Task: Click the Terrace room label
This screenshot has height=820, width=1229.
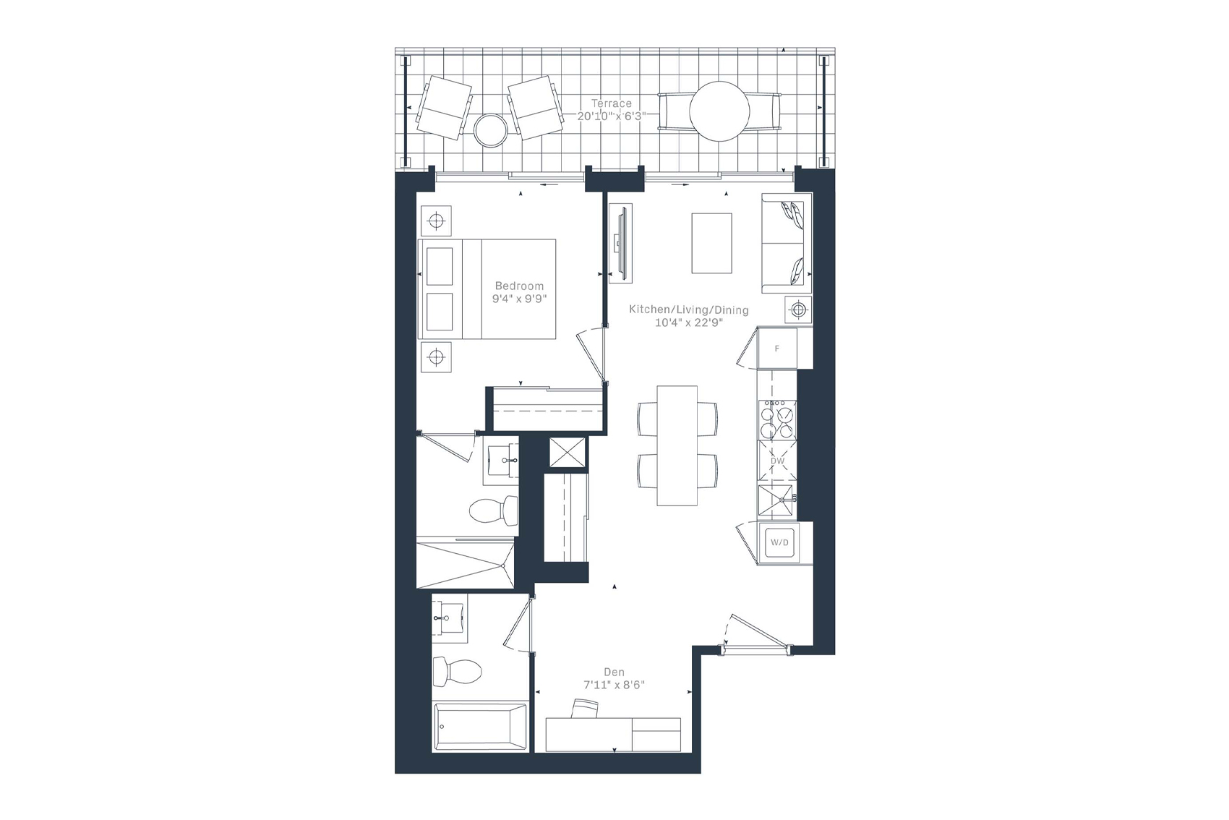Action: click(x=611, y=103)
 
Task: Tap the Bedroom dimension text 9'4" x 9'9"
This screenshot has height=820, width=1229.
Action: click(x=519, y=299)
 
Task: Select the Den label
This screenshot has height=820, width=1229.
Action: click(x=614, y=672)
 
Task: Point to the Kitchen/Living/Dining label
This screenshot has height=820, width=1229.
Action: click(x=688, y=309)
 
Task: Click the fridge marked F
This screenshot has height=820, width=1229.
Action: click(x=777, y=348)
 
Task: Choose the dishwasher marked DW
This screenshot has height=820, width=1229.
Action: click(x=777, y=461)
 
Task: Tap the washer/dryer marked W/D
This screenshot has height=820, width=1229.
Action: click(x=779, y=542)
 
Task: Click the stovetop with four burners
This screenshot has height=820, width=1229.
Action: click(x=777, y=420)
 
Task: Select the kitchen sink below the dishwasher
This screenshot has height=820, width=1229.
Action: click(x=776, y=500)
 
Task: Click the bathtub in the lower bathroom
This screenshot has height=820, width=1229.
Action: click(x=480, y=727)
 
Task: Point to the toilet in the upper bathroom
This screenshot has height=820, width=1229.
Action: click(x=494, y=510)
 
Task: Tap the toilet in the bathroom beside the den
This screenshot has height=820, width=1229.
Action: click(x=457, y=672)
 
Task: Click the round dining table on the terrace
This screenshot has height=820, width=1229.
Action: click(x=719, y=111)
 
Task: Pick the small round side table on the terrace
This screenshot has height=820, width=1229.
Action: click(x=490, y=130)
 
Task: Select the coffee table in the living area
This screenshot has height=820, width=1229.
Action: click(x=711, y=243)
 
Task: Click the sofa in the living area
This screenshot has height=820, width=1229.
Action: click(x=787, y=243)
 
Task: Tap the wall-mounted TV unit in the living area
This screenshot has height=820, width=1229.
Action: click(x=620, y=243)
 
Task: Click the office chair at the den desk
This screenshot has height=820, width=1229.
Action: click(x=585, y=708)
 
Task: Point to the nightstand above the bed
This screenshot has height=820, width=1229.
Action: click(x=436, y=221)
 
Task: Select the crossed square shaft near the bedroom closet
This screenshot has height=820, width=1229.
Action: click(x=568, y=452)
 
